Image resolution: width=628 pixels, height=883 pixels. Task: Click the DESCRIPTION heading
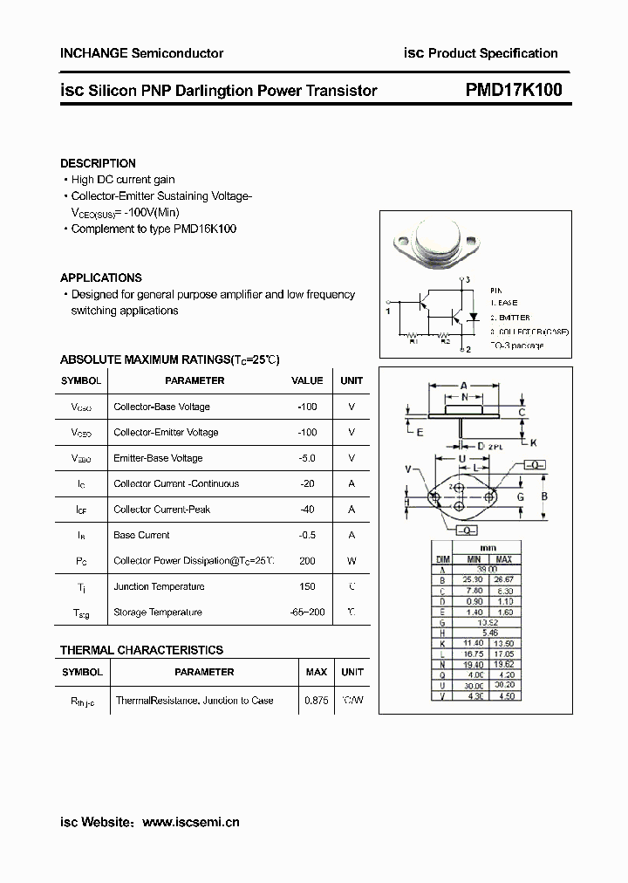click(x=98, y=163)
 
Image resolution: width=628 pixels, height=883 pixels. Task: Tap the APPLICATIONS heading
click(x=101, y=277)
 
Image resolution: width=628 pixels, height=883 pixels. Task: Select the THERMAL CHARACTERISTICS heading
click(x=141, y=650)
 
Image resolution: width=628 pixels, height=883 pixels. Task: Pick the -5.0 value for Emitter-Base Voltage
click(x=307, y=458)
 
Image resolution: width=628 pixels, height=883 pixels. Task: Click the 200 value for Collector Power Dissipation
click(x=307, y=561)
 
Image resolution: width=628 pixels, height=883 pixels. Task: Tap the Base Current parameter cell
click(x=142, y=535)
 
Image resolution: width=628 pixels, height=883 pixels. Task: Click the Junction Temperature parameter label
click(x=159, y=586)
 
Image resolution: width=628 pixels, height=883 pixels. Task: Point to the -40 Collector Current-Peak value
click(x=307, y=510)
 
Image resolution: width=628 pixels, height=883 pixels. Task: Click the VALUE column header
click(x=307, y=380)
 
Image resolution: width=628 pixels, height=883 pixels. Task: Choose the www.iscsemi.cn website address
click(x=190, y=822)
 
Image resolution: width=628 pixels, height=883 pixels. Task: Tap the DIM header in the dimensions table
click(x=443, y=558)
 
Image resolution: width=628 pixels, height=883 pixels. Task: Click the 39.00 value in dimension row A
click(x=488, y=568)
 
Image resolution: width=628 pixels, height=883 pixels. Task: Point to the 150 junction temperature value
click(x=307, y=586)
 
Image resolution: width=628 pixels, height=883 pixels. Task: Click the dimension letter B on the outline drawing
click(x=545, y=496)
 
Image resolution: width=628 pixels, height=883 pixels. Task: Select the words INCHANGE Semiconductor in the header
click(x=141, y=53)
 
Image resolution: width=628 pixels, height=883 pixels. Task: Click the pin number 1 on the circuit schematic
click(x=387, y=310)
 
